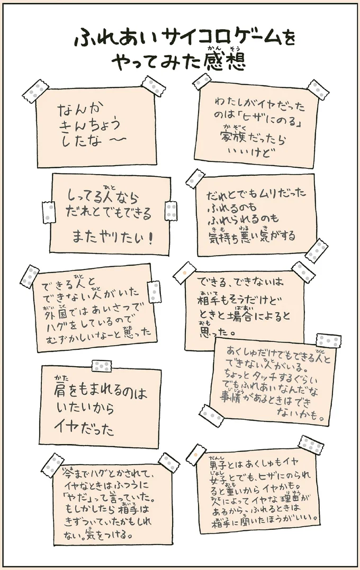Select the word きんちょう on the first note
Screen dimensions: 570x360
pyautogui.click(x=88, y=125)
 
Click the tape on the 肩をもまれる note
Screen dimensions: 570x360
pyautogui.click(x=102, y=366)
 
